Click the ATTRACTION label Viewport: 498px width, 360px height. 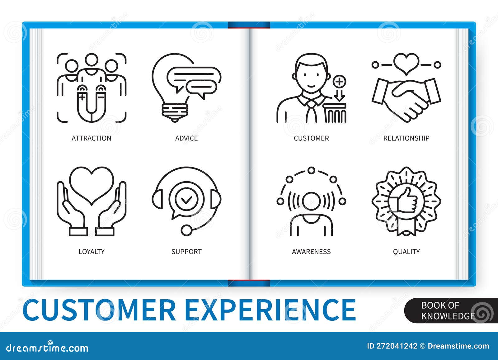click(x=91, y=138)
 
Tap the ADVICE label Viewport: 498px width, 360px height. click(x=186, y=138)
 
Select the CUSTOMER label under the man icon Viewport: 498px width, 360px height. click(x=311, y=138)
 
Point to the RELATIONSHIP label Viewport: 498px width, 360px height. click(x=406, y=138)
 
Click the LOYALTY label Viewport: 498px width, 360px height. click(x=92, y=252)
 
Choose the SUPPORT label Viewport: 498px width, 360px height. click(x=186, y=252)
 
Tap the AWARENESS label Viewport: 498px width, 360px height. click(x=311, y=252)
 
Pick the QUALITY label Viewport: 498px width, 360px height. click(x=406, y=252)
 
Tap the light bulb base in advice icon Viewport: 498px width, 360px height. click(x=175, y=112)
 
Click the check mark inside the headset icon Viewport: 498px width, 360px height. click(x=186, y=200)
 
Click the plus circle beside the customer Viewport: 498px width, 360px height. click(x=339, y=82)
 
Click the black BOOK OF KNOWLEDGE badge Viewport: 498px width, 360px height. click(x=448, y=310)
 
